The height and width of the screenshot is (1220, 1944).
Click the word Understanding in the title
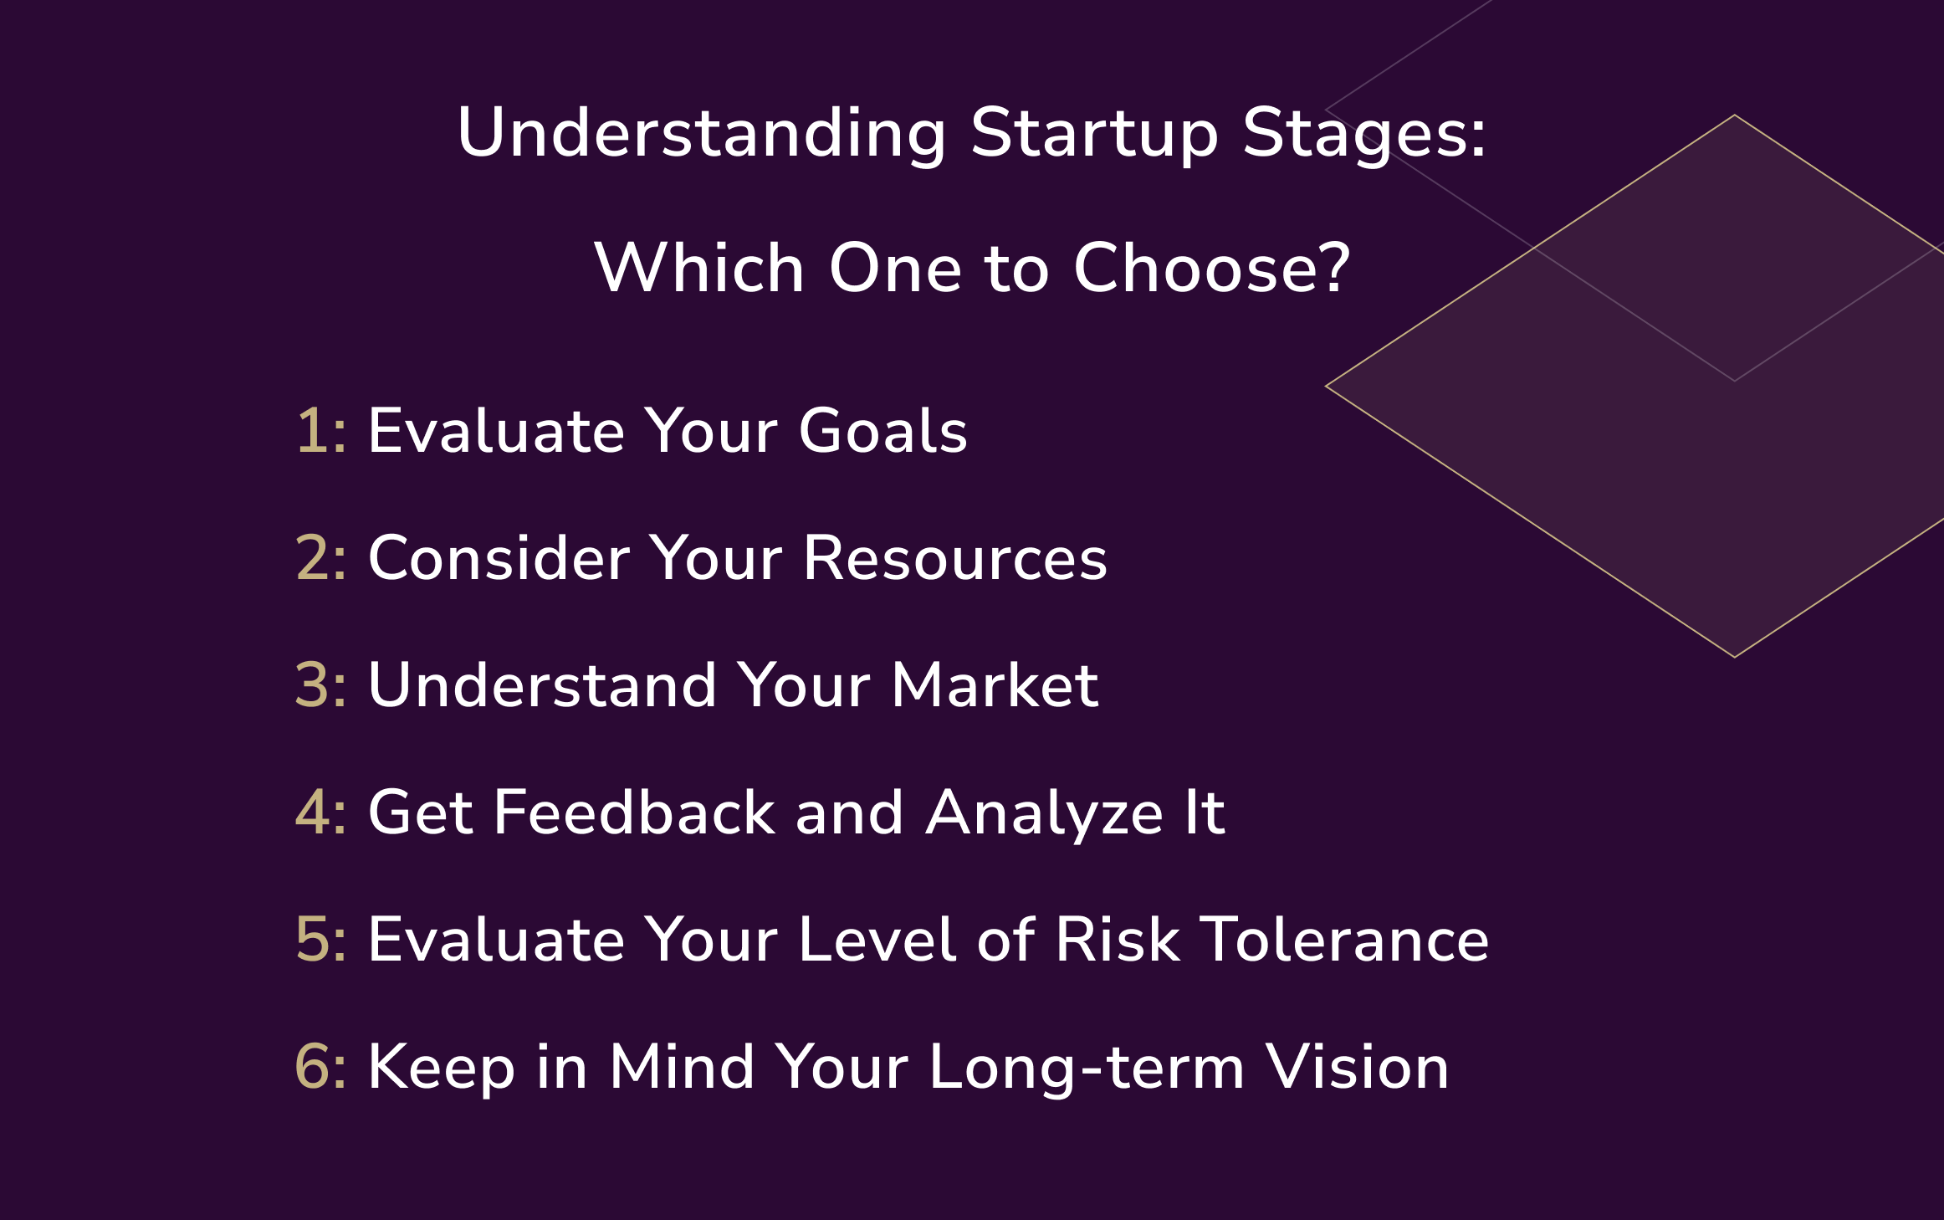pos(701,134)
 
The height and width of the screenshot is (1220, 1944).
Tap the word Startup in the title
pos(1094,134)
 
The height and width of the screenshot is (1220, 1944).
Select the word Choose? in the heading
pos(1212,269)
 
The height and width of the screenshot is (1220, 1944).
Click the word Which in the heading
pos(698,269)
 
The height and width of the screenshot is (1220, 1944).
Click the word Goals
pos(882,432)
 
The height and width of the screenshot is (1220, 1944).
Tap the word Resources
pos(954,559)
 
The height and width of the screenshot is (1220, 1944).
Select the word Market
pos(995,686)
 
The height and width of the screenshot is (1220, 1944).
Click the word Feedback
pos(633,813)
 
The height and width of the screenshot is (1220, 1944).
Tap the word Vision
pos(1357,1068)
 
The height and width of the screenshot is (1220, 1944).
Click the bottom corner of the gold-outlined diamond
pos(1734,657)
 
